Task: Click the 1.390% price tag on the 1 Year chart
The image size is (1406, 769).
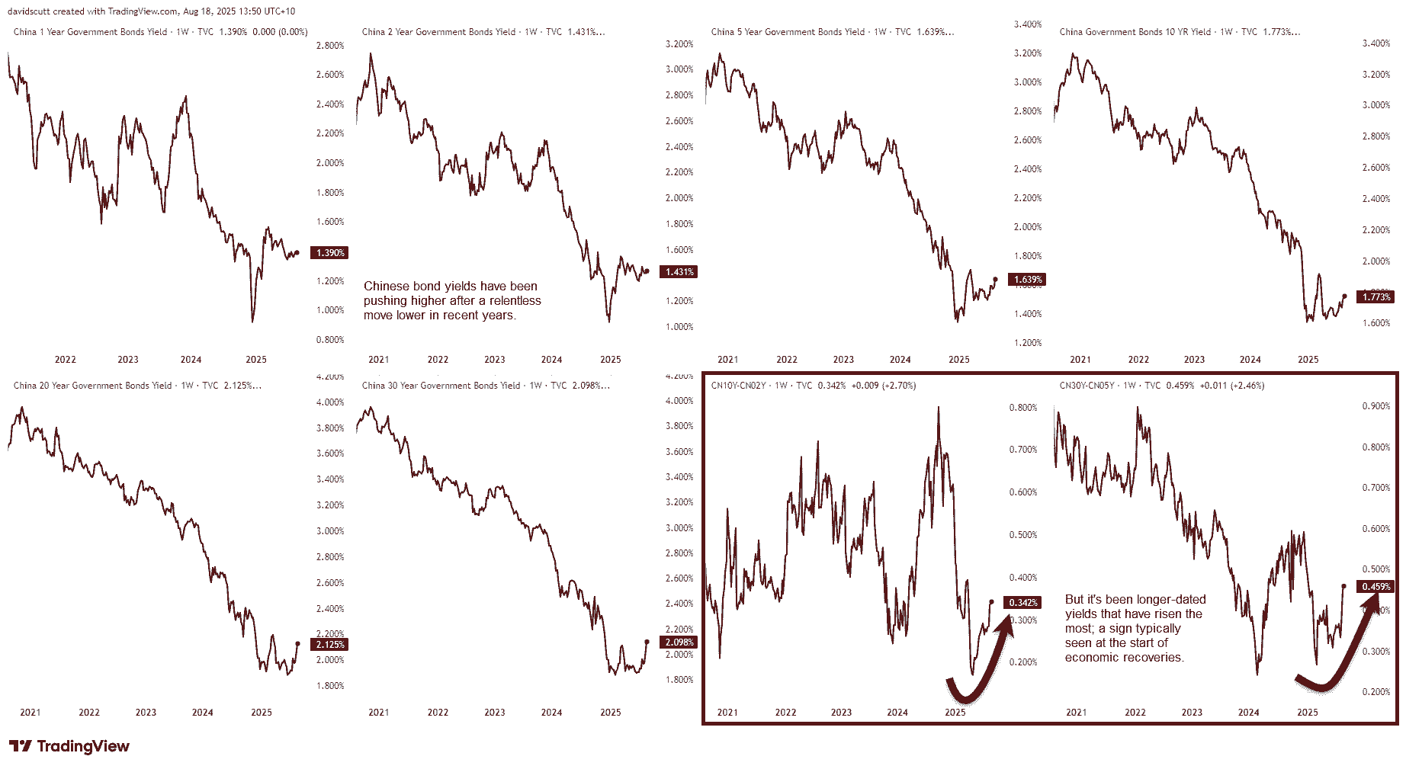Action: pyautogui.click(x=329, y=253)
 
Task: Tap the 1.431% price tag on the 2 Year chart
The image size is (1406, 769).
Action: pyautogui.click(x=679, y=272)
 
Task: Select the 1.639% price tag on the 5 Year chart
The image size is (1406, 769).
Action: pyautogui.click(x=1027, y=280)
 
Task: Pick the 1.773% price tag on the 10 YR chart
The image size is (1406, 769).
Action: pyautogui.click(x=1376, y=297)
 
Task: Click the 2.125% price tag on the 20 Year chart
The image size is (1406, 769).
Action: pyautogui.click(x=329, y=645)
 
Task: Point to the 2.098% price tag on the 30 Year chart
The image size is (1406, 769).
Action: pyautogui.click(x=679, y=642)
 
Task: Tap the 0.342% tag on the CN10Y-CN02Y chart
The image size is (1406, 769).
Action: pyautogui.click(x=1022, y=603)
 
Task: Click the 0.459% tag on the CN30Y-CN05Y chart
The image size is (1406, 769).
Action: pyautogui.click(x=1376, y=587)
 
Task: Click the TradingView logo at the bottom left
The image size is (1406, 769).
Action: pyautogui.click(x=69, y=746)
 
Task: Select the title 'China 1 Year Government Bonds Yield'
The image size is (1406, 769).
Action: pyautogui.click(x=90, y=32)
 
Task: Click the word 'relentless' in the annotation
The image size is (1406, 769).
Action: pyautogui.click(x=515, y=301)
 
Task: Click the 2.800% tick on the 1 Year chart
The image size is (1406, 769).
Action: pyautogui.click(x=329, y=46)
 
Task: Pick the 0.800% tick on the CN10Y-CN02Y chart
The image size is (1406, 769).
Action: pyautogui.click(x=1022, y=408)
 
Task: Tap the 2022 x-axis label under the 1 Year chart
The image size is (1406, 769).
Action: pyautogui.click(x=66, y=360)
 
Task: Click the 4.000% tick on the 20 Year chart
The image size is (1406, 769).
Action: pyautogui.click(x=329, y=402)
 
